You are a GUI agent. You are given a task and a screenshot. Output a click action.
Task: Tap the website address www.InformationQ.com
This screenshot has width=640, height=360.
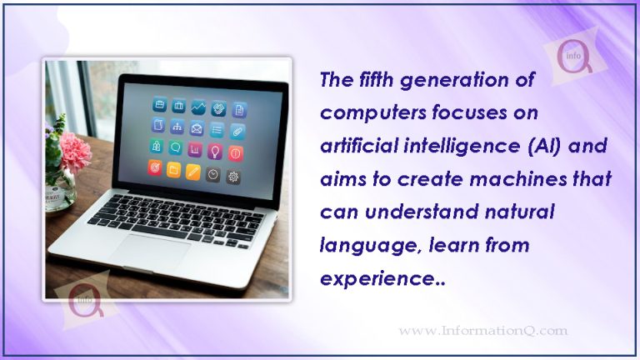pos(483,331)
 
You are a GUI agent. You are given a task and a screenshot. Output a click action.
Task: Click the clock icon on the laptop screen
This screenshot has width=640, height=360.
pos(213,173)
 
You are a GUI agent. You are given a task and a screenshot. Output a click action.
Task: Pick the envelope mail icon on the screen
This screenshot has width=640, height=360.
pos(197,127)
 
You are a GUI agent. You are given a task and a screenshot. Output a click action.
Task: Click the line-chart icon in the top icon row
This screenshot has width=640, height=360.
pos(198,107)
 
